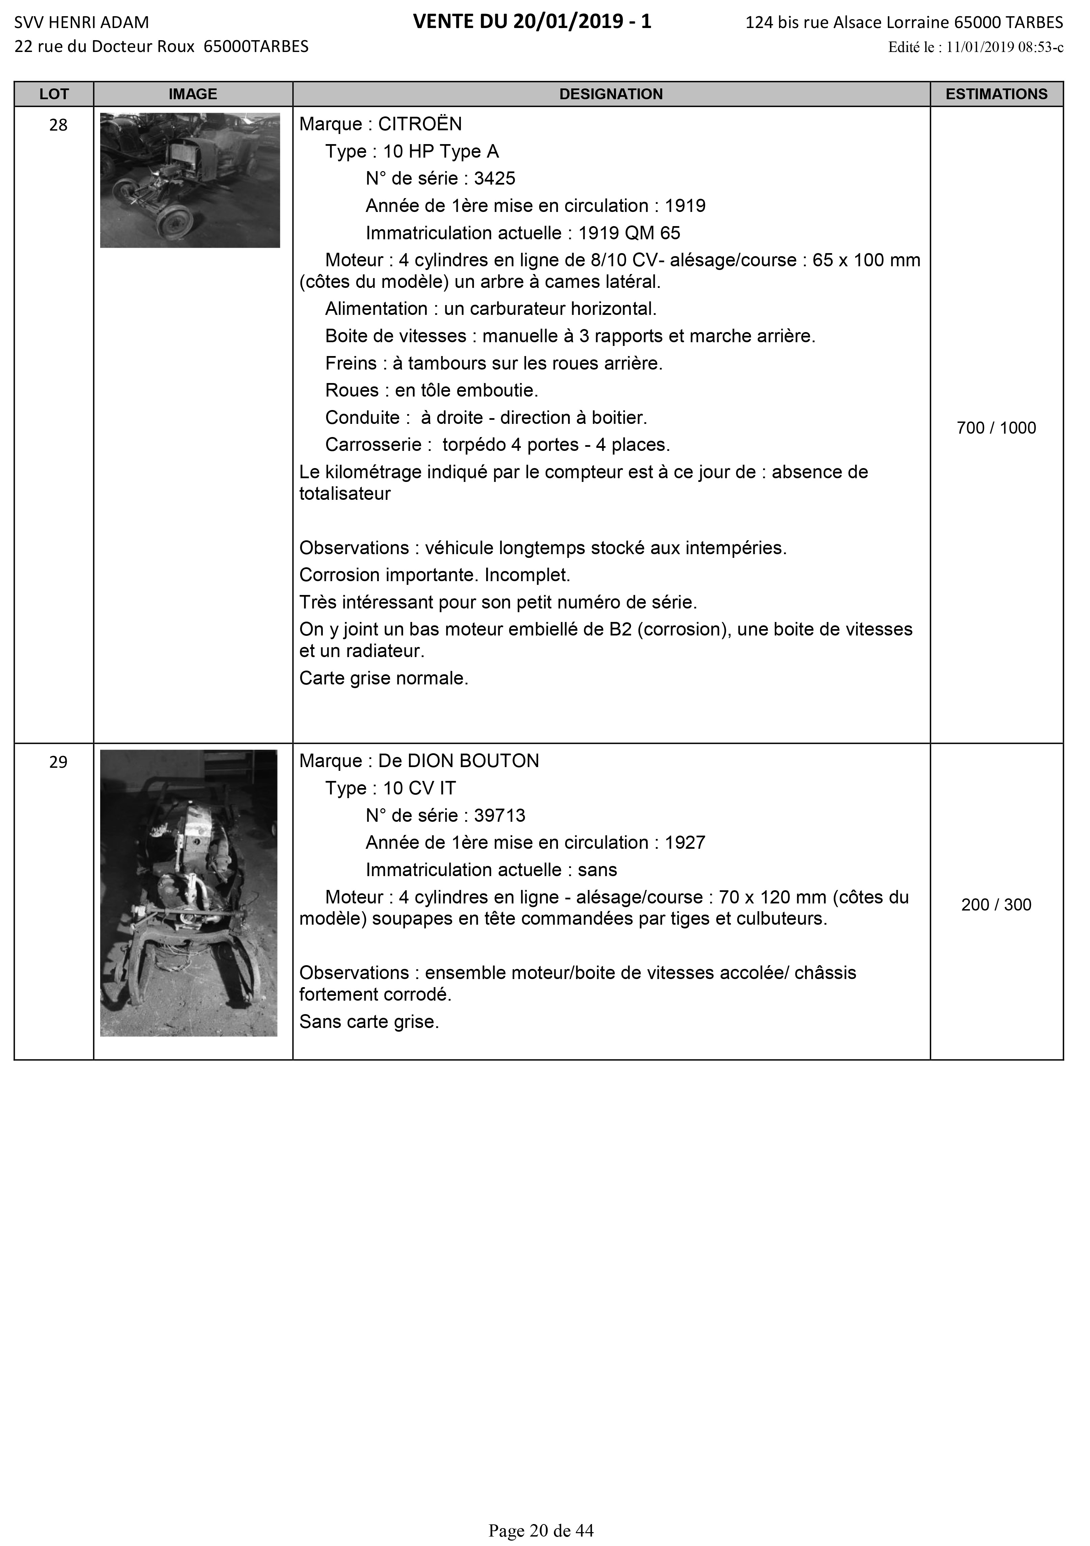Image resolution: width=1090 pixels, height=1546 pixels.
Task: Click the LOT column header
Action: point(54,94)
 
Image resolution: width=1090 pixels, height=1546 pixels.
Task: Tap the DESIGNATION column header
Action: point(611,94)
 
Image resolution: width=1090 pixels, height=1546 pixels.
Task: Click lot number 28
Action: point(59,125)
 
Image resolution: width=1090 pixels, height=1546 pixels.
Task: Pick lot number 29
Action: point(59,762)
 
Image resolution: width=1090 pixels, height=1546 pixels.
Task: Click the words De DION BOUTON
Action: point(458,762)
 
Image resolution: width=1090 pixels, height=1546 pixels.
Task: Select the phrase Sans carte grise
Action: point(369,1022)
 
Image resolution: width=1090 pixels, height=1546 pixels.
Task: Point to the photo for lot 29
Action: point(189,893)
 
